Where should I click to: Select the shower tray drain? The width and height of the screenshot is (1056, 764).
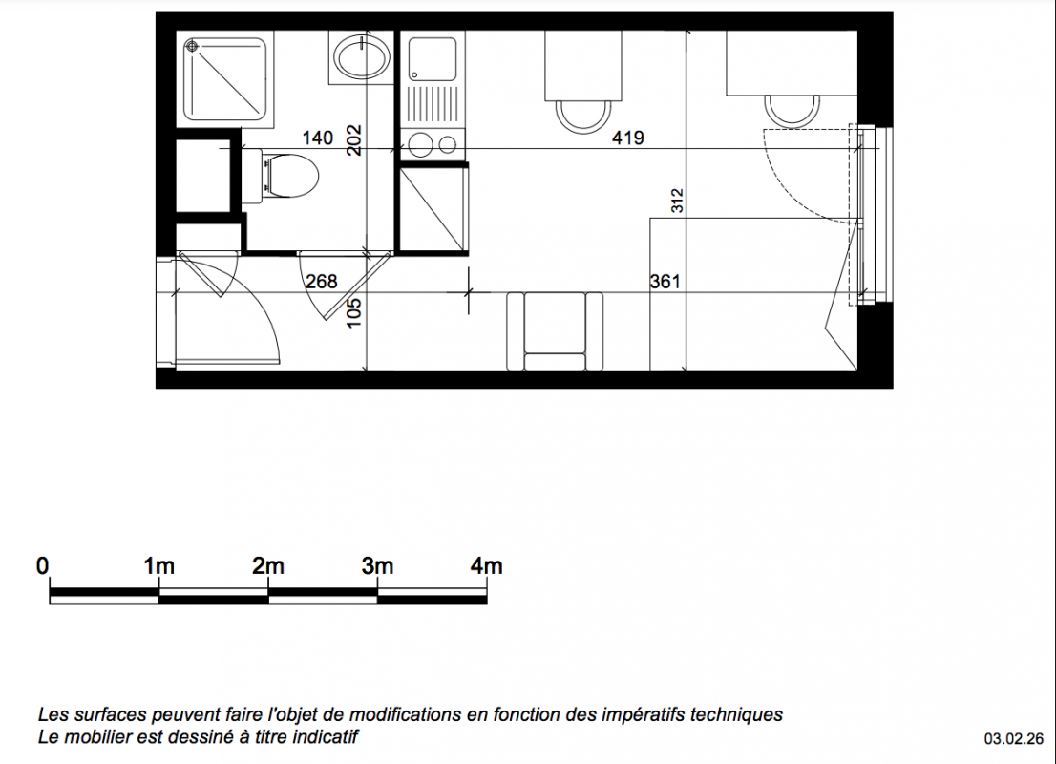coord(191,46)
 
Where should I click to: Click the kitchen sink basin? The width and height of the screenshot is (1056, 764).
coord(433,57)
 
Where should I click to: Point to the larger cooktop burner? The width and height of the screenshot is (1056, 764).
coord(421,145)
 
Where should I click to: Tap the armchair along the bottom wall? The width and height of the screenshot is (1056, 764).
coord(555,330)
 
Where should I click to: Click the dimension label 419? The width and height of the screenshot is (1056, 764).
coord(627,138)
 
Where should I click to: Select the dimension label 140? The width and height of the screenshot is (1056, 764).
coord(317,138)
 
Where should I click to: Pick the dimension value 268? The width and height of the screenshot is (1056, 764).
coord(321,281)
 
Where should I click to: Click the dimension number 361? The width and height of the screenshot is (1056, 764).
coord(665,281)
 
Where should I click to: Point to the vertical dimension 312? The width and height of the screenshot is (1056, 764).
coord(677,201)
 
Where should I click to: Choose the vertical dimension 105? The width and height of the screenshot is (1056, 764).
coord(353,313)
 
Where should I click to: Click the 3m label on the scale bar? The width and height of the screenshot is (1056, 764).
coord(377,566)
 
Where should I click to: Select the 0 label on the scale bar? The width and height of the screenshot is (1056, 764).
coord(42,566)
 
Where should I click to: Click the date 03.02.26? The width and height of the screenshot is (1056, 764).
coord(1014,739)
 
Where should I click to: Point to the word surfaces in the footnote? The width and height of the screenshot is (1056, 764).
coord(104,714)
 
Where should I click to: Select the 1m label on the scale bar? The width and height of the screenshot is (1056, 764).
coord(158,566)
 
